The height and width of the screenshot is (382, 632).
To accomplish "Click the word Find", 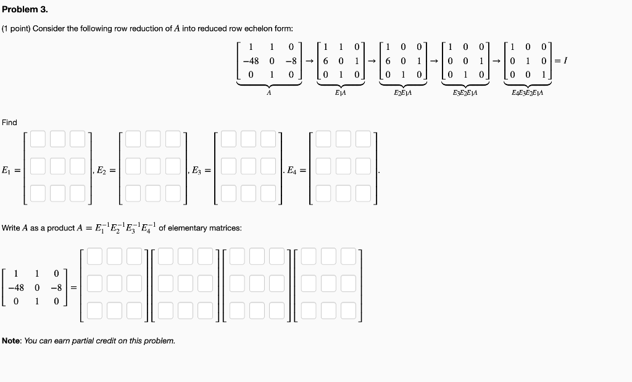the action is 9,123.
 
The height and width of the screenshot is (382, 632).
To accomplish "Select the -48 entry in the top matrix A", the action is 251,61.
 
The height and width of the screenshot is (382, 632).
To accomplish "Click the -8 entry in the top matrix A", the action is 291,61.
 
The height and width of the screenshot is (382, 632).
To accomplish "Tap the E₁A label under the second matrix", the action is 340,93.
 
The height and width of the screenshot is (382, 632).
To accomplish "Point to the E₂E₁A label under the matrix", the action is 404,93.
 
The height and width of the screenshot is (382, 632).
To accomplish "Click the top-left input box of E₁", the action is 38,139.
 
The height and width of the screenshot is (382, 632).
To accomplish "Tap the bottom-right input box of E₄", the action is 364,193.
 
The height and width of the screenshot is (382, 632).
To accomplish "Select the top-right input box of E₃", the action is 268,139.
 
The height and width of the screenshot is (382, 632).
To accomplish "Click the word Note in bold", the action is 12,340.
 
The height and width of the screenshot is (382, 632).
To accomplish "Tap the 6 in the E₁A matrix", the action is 325,61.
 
